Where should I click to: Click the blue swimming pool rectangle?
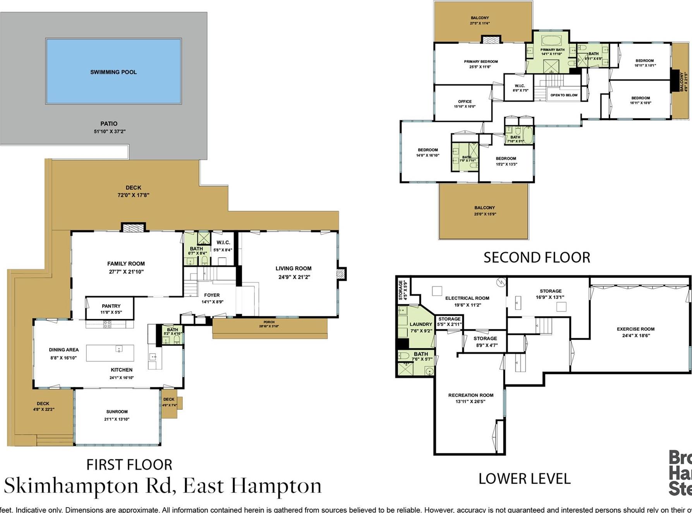tap(113, 72)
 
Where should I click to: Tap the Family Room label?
tap(126, 264)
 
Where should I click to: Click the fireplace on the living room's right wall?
tap(340, 274)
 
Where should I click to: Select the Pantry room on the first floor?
tap(111, 309)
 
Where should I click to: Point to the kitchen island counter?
tap(110, 353)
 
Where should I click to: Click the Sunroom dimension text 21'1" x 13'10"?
tap(117, 419)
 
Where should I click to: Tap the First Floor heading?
tap(129, 465)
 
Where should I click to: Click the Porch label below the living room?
tap(269, 322)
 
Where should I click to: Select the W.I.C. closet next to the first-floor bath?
tap(223, 246)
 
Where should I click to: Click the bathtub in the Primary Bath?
tap(552, 40)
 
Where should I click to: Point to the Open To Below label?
tap(564, 95)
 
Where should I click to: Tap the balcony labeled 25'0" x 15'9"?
tap(484, 211)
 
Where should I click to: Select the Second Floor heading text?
tap(537, 258)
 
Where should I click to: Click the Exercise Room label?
tap(635, 329)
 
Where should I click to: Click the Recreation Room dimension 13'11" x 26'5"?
tap(470, 402)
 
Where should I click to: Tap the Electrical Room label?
tap(467, 298)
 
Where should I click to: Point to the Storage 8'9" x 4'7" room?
tap(485, 342)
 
